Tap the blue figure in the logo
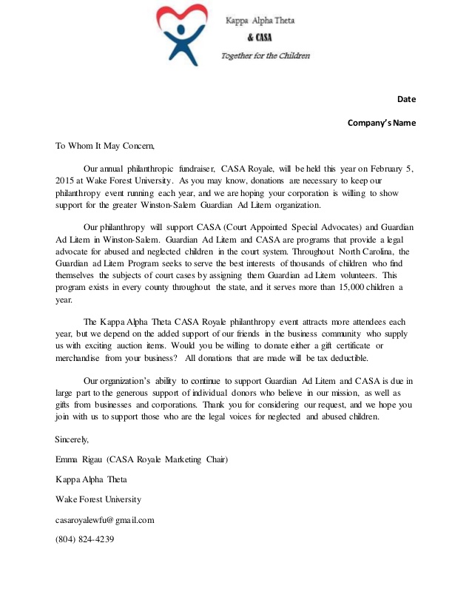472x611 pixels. tap(180, 41)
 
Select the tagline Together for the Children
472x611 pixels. tap(266, 56)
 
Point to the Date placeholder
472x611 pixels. tap(406, 99)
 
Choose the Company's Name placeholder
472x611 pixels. tap(382, 123)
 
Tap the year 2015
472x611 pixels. tap(66, 180)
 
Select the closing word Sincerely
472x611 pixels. tap(72, 439)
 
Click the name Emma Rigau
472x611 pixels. tap(80, 459)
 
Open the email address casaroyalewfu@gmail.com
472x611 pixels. tap(104, 519)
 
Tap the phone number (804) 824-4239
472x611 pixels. tap(84, 539)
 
